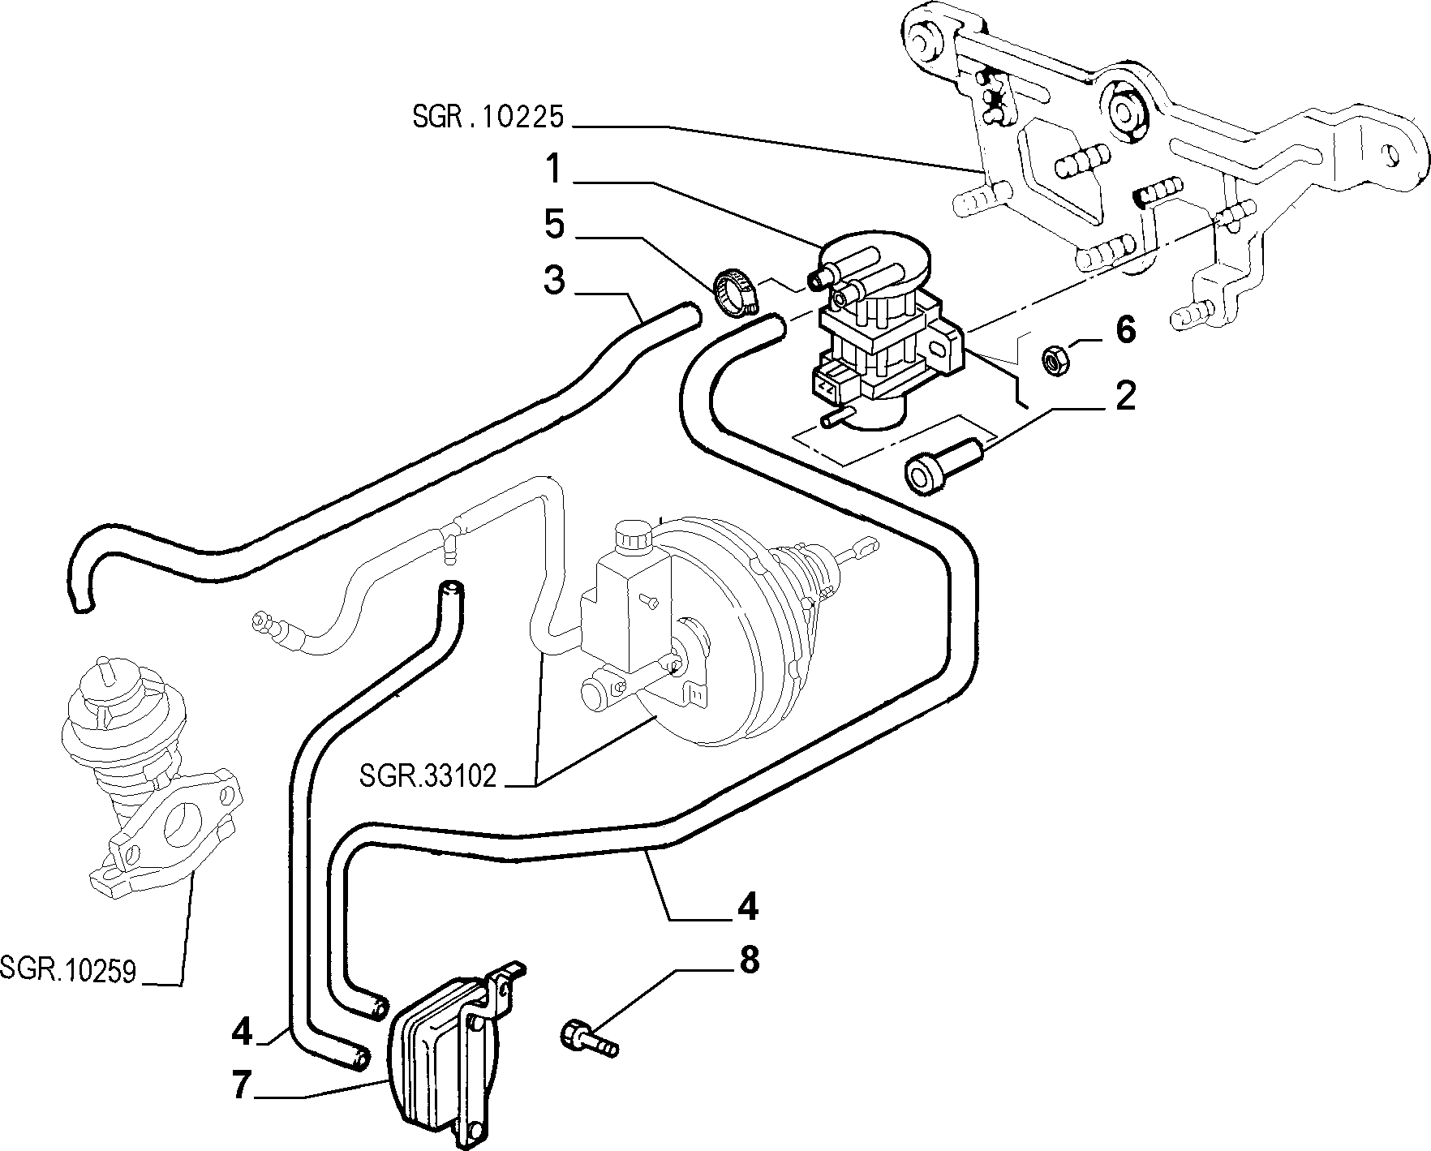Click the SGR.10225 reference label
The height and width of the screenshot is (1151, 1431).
(488, 118)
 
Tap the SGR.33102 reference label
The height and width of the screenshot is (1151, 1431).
(427, 777)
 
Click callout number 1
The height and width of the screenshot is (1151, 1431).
(553, 171)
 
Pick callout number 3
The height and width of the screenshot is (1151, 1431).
(554, 281)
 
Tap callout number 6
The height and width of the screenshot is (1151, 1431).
(1125, 330)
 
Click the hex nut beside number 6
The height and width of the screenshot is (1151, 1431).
(1055, 360)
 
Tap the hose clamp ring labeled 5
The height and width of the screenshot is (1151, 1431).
(737, 292)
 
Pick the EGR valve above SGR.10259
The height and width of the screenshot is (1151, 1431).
(150, 779)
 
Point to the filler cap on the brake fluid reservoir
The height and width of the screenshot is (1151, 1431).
(631, 536)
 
